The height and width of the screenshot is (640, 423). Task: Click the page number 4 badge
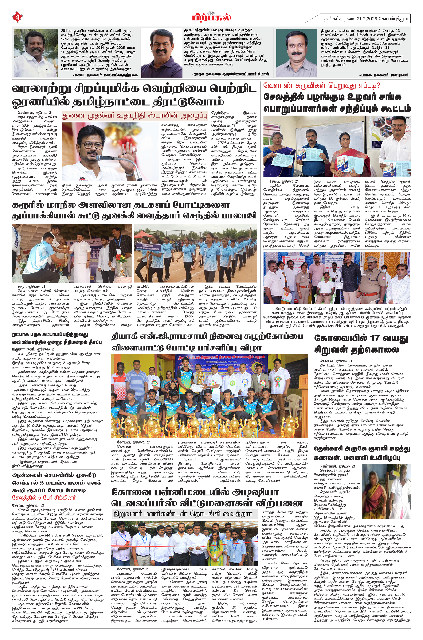[x=17, y=18]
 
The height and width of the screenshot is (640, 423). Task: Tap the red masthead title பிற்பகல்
[x=211, y=18]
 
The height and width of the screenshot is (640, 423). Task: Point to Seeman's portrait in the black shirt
[x=162, y=53]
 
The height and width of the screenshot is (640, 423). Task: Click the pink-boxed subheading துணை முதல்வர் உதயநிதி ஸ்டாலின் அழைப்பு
[x=135, y=116]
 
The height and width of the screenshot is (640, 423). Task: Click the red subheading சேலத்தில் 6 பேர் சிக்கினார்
[x=44, y=498]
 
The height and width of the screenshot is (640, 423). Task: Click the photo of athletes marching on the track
[x=195, y=253]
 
